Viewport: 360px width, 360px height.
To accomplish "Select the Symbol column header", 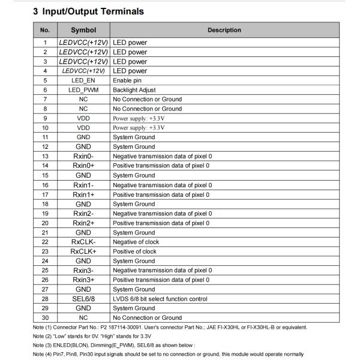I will (x=83, y=30).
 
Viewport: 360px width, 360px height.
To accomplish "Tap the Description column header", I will (x=224, y=30).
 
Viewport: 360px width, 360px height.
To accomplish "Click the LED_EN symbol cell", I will (x=83, y=80).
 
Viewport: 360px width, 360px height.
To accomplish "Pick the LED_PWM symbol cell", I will (x=83, y=90).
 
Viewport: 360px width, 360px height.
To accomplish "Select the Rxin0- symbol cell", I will (x=83, y=156).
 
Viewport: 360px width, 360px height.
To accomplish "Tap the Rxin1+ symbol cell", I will (x=83, y=194).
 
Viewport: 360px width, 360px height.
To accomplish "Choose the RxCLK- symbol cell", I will (x=83, y=242).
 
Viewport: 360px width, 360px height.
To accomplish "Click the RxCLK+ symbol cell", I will (x=83, y=251).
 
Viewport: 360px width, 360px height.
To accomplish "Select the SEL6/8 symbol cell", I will (x=83, y=299).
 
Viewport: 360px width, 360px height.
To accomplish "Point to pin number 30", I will (x=45, y=317).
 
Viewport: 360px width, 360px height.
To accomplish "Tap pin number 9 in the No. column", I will (x=45, y=118).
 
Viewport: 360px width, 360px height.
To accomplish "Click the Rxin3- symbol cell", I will (x=83, y=270).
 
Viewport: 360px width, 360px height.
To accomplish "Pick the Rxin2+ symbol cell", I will (x=83, y=223).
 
